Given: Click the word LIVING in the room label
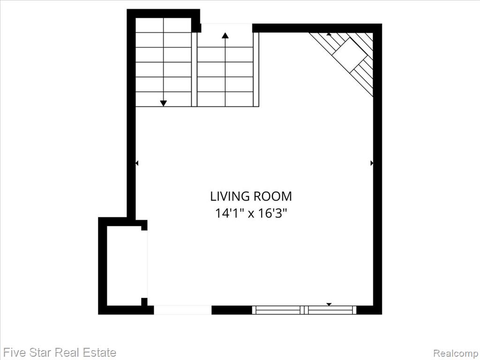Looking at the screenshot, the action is coord(230,196).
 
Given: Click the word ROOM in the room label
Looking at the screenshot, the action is coord(273,196).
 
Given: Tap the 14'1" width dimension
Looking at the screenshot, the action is coord(229,213).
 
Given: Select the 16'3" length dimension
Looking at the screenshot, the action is coord(272,213).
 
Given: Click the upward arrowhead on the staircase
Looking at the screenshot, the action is coord(225,36).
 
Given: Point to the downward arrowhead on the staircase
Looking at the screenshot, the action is coord(164,104).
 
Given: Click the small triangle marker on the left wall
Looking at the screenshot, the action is coord(137,163).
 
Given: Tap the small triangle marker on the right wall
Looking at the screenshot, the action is coord(372,163).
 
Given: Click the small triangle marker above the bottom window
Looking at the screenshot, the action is coord(329,304).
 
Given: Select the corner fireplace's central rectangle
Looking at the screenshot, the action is coord(350,55).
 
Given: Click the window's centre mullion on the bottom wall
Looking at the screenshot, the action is coord(304,310).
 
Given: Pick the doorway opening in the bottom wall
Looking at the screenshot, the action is coord(182,310).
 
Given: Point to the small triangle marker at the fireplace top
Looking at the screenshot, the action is coord(329,34).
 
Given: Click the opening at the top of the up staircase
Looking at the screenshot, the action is coord(226,28).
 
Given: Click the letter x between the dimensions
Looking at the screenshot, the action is coord(251,214).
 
